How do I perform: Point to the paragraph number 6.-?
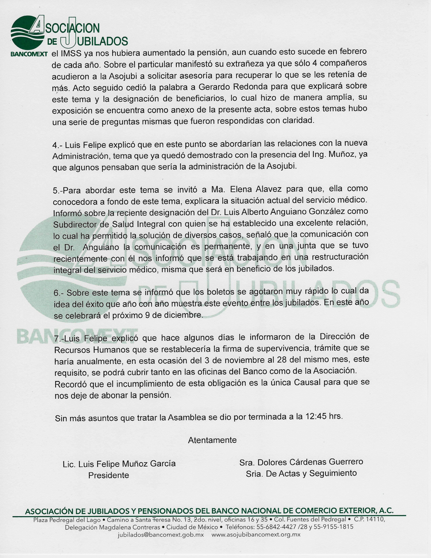click(x=58, y=293)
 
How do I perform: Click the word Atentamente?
click(x=212, y=440)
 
